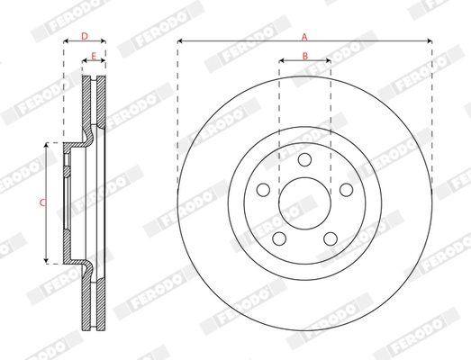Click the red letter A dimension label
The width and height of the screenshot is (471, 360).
tap(304, 36)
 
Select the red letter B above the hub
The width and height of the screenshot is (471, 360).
tap(304, 56)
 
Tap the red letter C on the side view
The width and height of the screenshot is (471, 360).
tap(42, 202)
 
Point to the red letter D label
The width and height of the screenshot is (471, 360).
tap(84, 36)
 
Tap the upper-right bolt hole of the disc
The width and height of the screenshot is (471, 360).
tap(346, 189)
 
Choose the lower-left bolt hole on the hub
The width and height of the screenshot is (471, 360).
tap(279, 238)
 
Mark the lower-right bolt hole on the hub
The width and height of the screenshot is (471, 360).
tap(331, 238)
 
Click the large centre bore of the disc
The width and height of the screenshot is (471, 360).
tap(304, 202)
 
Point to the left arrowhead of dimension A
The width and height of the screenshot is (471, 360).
tap(180, 42)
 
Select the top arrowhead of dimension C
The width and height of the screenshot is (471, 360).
tap(48, 145)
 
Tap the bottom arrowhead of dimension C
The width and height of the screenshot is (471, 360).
tap(48, 261)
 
